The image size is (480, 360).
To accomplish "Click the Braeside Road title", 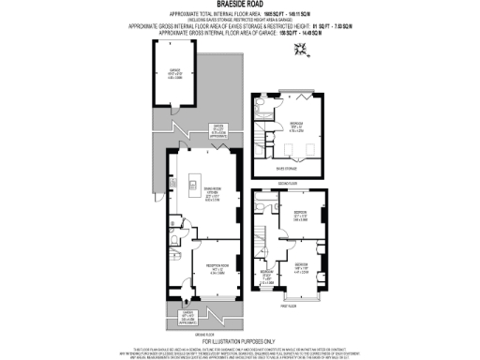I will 239,7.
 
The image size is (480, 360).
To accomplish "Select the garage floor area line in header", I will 239,32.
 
